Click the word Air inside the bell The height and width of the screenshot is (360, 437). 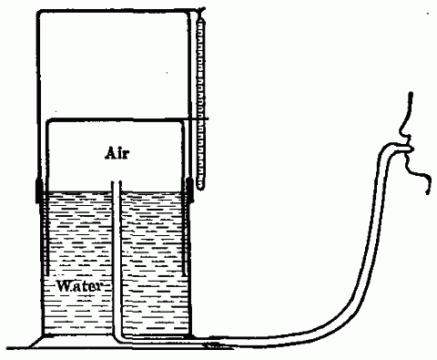pyautogui.click(x=117, y=155)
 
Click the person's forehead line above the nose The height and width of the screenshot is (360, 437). pyautogui.click(x=411, y=105)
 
